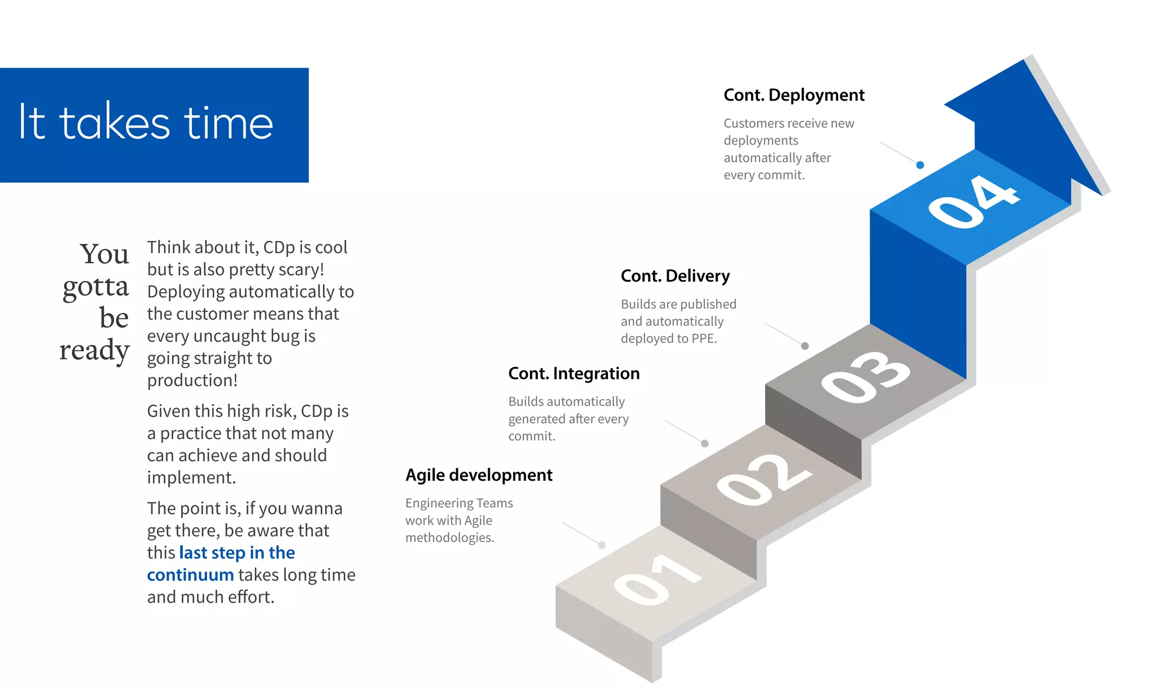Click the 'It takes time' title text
146,123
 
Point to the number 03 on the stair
865,377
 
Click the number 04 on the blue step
973,201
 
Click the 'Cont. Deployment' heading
793,95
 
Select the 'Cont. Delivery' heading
674,276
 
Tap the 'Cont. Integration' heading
573,373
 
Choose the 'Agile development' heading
479,475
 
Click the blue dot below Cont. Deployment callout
920,165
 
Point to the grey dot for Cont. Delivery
805,346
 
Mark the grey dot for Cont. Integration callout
705,444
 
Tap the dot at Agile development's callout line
602,545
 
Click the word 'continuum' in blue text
190,575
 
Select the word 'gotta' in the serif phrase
96,287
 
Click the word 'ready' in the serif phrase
94,350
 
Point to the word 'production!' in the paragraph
192,381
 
